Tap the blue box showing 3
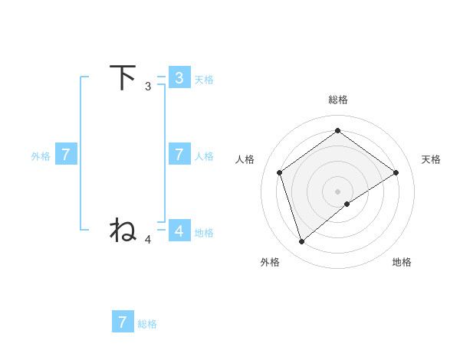[x=179, y=77]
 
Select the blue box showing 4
[x=179, y=231]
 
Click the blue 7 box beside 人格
[x=179, y=154]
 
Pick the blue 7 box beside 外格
[x=66, y=154]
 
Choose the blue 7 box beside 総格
[x=123, y=322]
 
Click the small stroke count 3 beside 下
[x=148, y=87]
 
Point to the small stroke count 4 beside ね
[x=148, y=240]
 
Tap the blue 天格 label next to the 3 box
[x=204, y=79]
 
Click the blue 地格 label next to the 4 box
[x=204, y=232]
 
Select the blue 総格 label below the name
[x=147, y=324]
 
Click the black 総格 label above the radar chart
[x=337, y=100]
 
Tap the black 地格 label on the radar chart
[x=402, y=262]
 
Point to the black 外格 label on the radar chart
[x=270, y=262]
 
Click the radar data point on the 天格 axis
[x=396, y=172]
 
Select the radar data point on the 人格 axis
[x=280, y=172]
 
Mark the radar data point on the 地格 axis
[x=347, y=204]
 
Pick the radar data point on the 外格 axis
[x=301, y=241]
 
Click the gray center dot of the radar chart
[x=337, y=191]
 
